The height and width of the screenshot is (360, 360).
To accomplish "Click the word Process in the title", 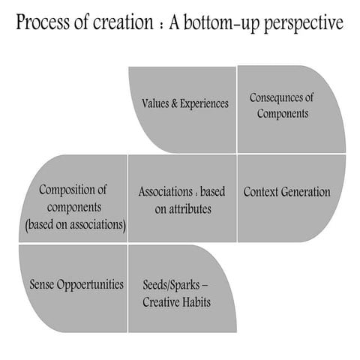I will tap(45, 23).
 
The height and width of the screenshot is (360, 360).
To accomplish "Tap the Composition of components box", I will tap(74, 198).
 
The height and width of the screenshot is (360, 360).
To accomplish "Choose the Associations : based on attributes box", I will tap(183, 198).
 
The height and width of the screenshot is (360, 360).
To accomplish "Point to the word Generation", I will tap(305, 192).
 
